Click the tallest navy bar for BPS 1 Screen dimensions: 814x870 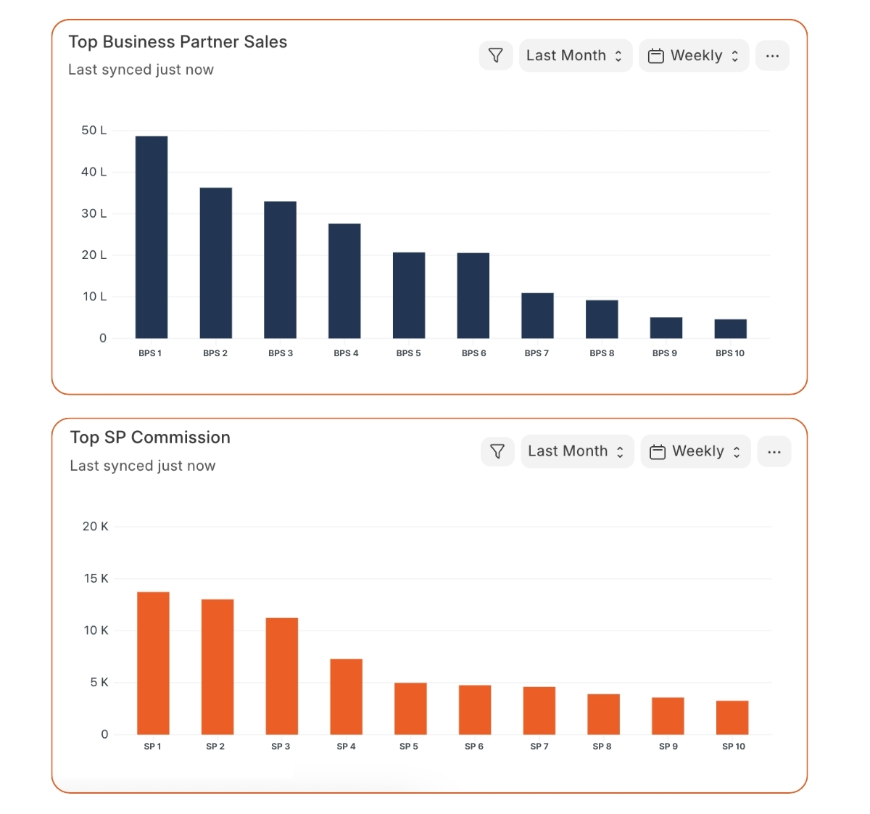[152, 237]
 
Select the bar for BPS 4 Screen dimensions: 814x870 [344, 281]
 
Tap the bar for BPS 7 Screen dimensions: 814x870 [537, 316]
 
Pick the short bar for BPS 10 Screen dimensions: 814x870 [730, 329]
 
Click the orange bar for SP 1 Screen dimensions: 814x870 [153, 663]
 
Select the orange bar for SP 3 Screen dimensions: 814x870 [282, 676]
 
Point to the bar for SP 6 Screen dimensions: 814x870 [475, 710]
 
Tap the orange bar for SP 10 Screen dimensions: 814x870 [732, 718]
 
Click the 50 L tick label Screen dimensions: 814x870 [94, 131]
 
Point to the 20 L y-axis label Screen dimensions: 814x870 [94, 255]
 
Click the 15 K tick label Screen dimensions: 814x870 [96, 579]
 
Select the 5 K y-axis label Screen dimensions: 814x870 [99, 683]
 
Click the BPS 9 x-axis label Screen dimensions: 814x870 [665, 353]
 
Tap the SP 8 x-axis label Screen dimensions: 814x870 [602, 747]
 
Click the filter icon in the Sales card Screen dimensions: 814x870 [496, 56]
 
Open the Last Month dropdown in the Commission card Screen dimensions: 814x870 [577, 451]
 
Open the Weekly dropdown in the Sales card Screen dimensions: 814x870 [694, 56]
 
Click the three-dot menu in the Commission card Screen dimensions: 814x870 [774, 452]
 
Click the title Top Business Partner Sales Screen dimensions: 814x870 [178, 42]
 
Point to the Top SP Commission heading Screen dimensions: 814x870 [150, 437]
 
